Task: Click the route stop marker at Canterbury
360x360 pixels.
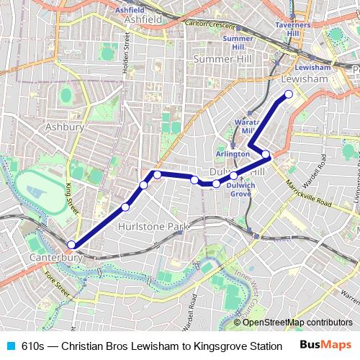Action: [71, 245]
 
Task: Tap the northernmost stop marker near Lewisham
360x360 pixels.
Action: [289, 94]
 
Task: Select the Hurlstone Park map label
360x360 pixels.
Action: [152, 226]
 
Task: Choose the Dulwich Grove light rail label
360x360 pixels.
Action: [240, 189]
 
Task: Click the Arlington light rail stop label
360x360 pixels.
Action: [233, 154]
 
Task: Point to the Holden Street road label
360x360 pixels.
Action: [126, 54]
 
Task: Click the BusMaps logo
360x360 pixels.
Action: [320, 345]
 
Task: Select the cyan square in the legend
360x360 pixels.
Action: [11, 346]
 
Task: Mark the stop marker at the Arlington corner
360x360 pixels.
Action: [266, 154]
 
